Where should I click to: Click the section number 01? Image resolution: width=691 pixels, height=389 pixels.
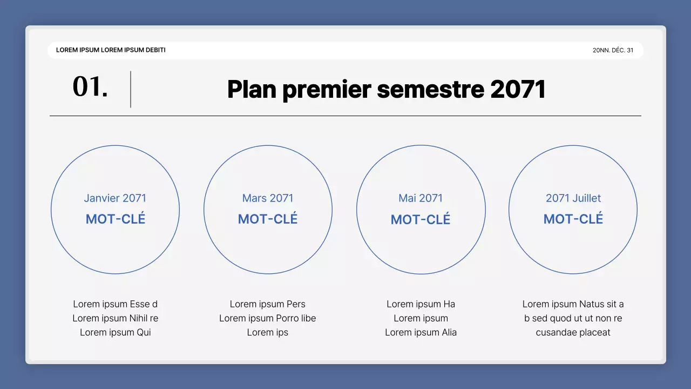click(x=90, y=87)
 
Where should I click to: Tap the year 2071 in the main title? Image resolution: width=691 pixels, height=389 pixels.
click(x=518, y=89)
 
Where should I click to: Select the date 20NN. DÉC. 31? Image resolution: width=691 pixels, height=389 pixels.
click(x=613, y=50)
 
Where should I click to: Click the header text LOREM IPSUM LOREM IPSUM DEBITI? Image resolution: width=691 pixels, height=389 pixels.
click(x=111, y=50)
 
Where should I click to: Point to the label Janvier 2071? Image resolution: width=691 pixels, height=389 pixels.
click(x=115, y=198)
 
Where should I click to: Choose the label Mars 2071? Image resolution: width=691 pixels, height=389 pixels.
click(x=268, y=198)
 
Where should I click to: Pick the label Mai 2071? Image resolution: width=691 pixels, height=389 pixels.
click(x=421, y=198)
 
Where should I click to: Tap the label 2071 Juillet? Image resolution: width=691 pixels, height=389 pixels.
click(x=573, y=198)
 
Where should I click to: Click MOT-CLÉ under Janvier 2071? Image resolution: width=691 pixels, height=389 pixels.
click(x=116, y=219)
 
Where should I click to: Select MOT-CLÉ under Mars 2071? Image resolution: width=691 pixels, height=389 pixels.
click(x=268, y=219)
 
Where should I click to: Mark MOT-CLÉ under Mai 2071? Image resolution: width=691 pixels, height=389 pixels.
click(x=421, y=219)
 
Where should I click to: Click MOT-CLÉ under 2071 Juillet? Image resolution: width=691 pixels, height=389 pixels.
click(x=573, y=219)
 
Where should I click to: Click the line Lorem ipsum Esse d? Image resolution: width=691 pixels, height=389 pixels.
click(x=116, y=304)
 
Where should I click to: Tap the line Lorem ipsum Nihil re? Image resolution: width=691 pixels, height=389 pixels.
click(x=116, y=318)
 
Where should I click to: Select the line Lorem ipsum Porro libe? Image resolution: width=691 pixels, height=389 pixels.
click(x=268, y=318)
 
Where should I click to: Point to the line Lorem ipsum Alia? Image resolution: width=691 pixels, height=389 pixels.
click(x=421, y=332)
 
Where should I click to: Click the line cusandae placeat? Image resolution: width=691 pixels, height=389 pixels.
click(x=573, y=332)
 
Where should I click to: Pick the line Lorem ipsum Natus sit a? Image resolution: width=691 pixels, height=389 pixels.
click(x=573, y=304)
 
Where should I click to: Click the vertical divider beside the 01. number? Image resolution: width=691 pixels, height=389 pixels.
click(x=131, y=89)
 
